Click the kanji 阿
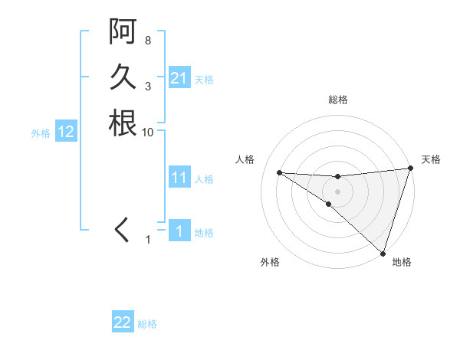123,32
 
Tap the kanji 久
123,77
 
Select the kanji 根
123,123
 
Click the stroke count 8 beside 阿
147,40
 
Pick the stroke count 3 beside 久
147,86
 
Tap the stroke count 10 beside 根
148,132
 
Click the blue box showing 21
179,78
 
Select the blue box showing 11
179,178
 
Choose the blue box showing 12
66,132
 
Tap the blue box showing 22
123,322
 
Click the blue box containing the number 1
179,231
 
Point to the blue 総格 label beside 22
147,324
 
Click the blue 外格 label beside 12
41,133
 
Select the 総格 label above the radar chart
338,100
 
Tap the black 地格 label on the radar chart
402,263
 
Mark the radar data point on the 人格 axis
279,172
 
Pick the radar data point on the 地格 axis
383,254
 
